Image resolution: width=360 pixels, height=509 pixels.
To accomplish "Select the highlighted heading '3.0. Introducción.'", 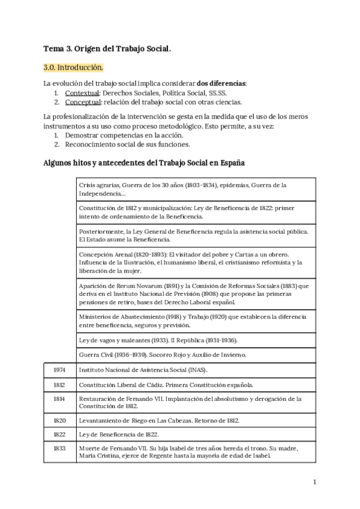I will click(74, 67).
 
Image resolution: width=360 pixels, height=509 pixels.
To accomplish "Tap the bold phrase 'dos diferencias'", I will click(220, 83).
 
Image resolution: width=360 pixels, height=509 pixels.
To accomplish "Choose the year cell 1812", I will click(59, 385).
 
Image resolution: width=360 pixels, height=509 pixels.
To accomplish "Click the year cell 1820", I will click(59, 420).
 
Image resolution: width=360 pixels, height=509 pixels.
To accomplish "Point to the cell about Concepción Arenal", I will click(196, 262).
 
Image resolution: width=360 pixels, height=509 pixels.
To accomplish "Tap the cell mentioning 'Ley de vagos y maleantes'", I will click(196, 340).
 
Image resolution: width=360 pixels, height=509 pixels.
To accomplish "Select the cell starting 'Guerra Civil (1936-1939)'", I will click(196, 355).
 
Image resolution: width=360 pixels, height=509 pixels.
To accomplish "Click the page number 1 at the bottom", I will click(314, 481).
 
